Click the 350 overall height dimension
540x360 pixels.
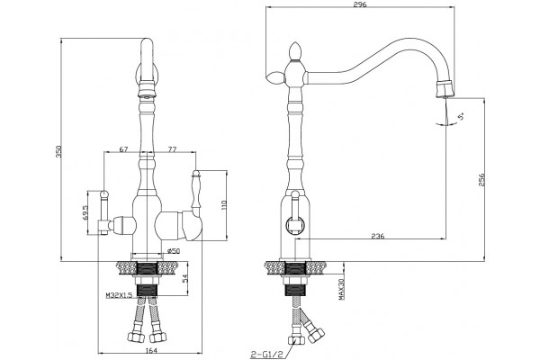click(58, 151)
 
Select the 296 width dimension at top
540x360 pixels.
click(359, 4)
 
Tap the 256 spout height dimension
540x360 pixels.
click(481, 179)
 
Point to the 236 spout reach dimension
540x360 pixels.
click(378, 236)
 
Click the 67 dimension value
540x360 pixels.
click(123, 149)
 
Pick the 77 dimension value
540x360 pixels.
click(172, 149)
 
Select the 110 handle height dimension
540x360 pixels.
click(224, 204)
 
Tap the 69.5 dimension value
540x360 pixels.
click(85, 213)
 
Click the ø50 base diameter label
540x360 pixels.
click(174, 251)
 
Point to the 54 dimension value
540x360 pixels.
click(184, 279)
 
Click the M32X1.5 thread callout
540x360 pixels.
click(119, 295)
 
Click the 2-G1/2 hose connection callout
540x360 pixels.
click(262, 355)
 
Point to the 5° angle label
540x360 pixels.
click(461, 117)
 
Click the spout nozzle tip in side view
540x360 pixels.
click(445, 88)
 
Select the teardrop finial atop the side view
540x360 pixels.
click(294, 51)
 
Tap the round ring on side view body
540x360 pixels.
click(295, 226)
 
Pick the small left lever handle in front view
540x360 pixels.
click(103, 211)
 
